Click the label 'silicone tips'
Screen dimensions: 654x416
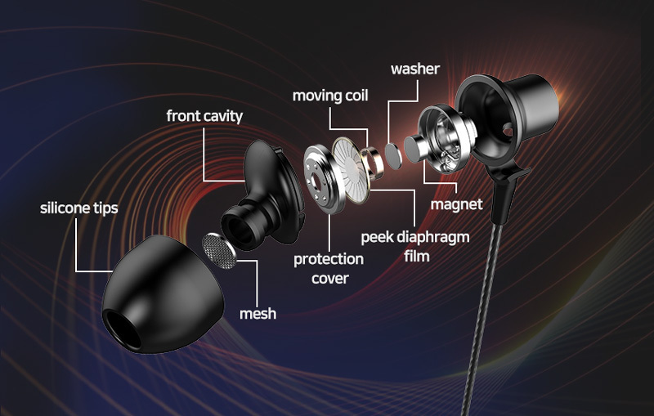tap(78, 208)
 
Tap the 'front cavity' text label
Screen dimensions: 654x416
tap(204, 116)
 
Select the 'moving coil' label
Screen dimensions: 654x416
tap(330, 96)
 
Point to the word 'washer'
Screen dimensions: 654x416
tap(415, 69)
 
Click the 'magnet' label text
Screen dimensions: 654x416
tap(456, 204)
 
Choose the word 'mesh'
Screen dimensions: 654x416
tap(258, 314)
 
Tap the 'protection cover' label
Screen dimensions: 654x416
tap(329, 268)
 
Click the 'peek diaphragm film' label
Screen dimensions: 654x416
tap(415, 246)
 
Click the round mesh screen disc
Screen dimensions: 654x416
tap(219, 251)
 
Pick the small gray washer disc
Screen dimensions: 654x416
tap(393, 156)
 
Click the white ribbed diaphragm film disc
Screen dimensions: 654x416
tap(352, 170)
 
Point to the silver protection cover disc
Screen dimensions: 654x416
tap(323, 179)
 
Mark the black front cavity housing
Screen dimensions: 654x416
tap(263, 195)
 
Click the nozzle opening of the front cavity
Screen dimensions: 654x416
tap(238, 229)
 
